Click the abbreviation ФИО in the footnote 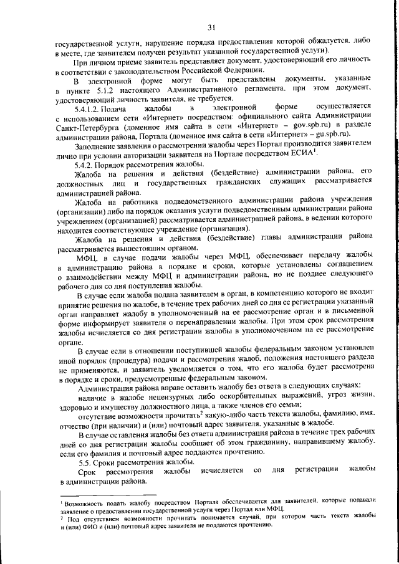[x=93, y=525]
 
